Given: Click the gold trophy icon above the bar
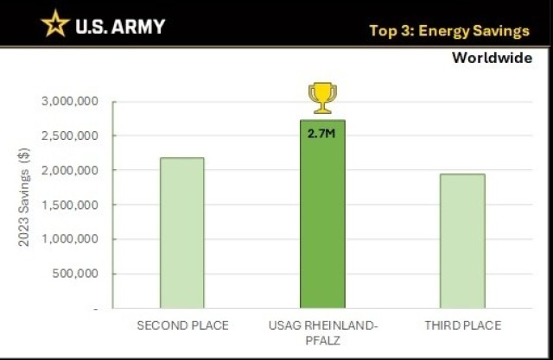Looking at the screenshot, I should coord(322,98).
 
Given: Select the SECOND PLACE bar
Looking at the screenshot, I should coord(182,232).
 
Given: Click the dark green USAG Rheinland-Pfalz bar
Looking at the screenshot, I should coord(322,216).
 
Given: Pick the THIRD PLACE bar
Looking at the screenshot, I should coord(462,241).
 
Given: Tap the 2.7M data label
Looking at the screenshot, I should coord(322,134).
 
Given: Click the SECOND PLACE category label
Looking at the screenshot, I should coord(182,325).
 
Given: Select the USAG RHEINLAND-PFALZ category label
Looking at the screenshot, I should coord(322,332).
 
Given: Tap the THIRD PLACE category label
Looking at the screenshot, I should coord(462,325).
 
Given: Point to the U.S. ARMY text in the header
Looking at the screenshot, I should coord(119,26).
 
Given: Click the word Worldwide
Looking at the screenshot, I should coord(492,59).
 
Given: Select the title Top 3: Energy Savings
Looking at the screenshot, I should coord(448,31).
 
